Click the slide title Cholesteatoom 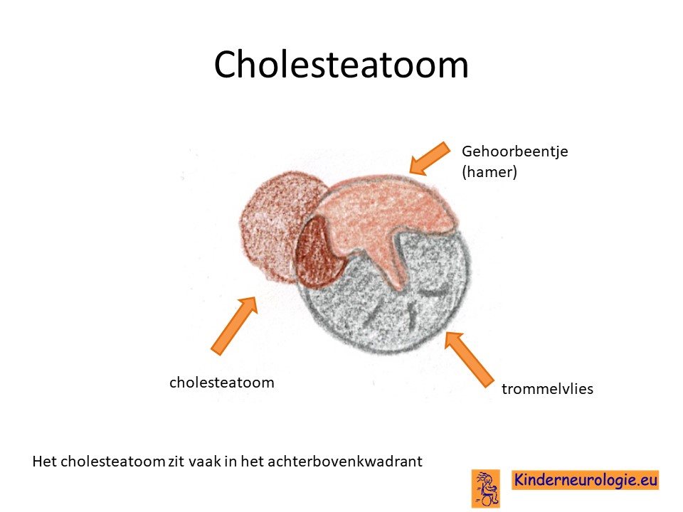[341, 65]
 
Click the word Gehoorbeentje [515, 152]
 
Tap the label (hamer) [489, 172]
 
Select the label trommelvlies [547, 388]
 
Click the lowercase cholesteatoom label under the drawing [222, 383]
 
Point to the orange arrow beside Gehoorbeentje [430, 159]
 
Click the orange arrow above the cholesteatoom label [234, 325]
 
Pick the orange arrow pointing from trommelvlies [469, 359]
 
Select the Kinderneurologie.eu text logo [585, 480]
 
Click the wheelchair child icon [486, 489]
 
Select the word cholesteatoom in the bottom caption [112, 461]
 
